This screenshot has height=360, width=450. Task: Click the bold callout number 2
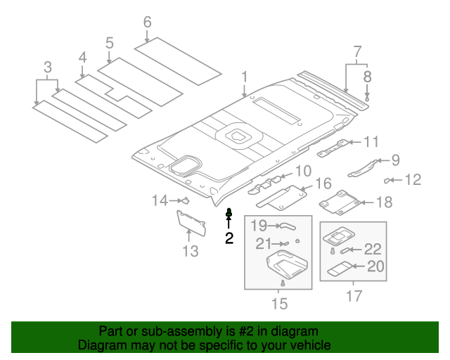pyautogui.click(x=229, y=238)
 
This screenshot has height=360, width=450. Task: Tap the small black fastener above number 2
pyautogui.click(x=229, y=212)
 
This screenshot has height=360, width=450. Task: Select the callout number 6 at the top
pyautogui.click(x=147, y=22)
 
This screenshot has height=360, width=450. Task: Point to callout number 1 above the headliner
pyautogui.click(x=244, y=76)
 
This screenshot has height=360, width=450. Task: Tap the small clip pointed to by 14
pyautogui.click(x=184, y=201)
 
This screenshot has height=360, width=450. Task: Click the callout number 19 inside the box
pyautogui.click(x=259, y=226)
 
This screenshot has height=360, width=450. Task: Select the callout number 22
pyautogui.click(x=373, y=249)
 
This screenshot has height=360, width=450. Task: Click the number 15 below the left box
pyautogui.click(x=279, y=304)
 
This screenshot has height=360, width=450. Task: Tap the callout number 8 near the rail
pyautogui.click(x=367, y=76)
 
